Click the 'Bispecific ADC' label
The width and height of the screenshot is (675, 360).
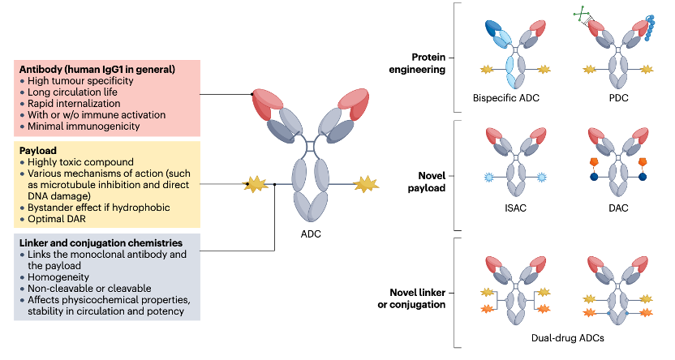coord(505,98)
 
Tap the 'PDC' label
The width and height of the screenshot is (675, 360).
coord(618,98)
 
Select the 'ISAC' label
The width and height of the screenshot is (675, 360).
coord(515,208)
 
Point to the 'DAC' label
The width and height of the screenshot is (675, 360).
coord(618,208)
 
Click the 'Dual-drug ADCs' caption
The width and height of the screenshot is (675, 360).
coord(567,338)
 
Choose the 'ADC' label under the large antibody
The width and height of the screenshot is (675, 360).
coord(311,234)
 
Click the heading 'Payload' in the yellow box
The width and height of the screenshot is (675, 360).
coord(38,151)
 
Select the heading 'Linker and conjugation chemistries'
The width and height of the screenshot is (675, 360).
coord(101,243)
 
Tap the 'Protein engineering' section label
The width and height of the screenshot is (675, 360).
coord(417,63)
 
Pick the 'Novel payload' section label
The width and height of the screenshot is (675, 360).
coord(427,182)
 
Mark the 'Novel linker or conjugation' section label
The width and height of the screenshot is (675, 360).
coord(411,298)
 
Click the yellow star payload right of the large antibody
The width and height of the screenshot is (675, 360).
coord(366,184)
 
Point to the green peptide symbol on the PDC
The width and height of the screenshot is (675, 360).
coord(583,15)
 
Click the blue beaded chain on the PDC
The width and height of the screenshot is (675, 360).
coord(650,28)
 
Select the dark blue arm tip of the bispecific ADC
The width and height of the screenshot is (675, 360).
coord(494,28)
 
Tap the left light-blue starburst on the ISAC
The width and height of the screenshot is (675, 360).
coord(488,177)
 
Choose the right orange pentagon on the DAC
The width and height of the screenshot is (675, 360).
coord(643,161)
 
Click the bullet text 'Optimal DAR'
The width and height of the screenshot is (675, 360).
coord(57,219)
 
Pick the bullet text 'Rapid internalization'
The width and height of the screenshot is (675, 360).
coord(74,104)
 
